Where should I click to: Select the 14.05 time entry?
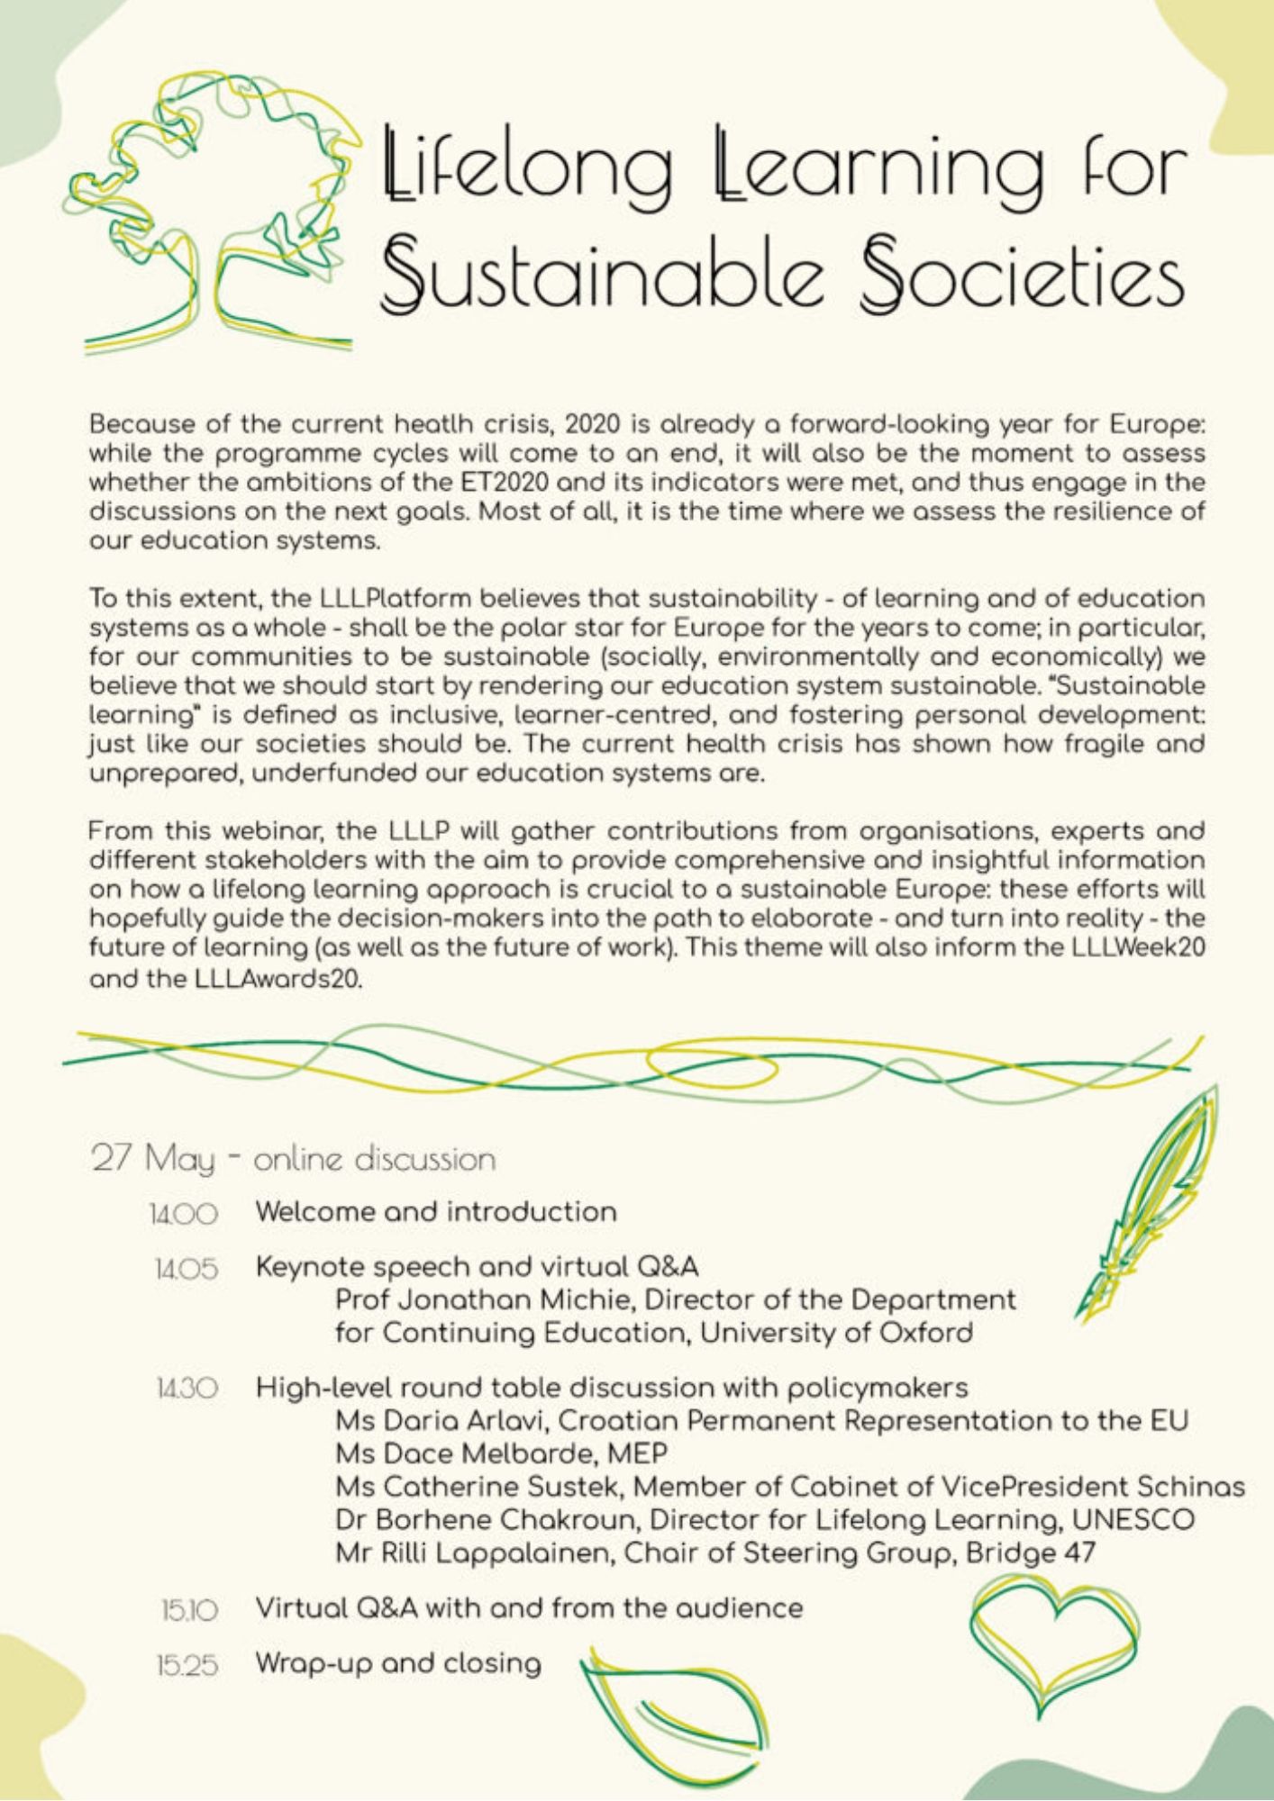[x=186, y=1271]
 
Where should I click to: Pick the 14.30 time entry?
[x=185, y=1389]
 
